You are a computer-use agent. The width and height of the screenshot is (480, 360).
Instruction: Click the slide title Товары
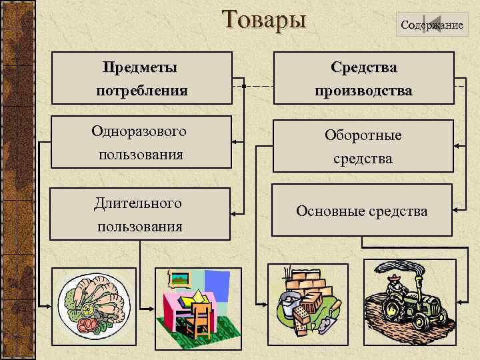(265, 19)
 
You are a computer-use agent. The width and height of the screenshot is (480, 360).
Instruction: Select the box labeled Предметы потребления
(141, 79)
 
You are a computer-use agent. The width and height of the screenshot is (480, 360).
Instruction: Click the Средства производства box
(363, 79)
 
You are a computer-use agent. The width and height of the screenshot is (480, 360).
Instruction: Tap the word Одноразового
(139, 131)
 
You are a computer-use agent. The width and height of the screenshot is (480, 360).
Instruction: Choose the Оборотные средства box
(363, 147)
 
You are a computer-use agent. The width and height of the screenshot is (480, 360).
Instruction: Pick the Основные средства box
(362, 211)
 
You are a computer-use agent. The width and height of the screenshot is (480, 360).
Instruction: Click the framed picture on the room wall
(179, 278)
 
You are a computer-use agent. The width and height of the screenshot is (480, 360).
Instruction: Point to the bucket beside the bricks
(290, 303)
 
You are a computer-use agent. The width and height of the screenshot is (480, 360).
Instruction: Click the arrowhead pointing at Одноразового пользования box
(234, 142)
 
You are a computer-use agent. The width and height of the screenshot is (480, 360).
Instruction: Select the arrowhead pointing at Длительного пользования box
(234, 213)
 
